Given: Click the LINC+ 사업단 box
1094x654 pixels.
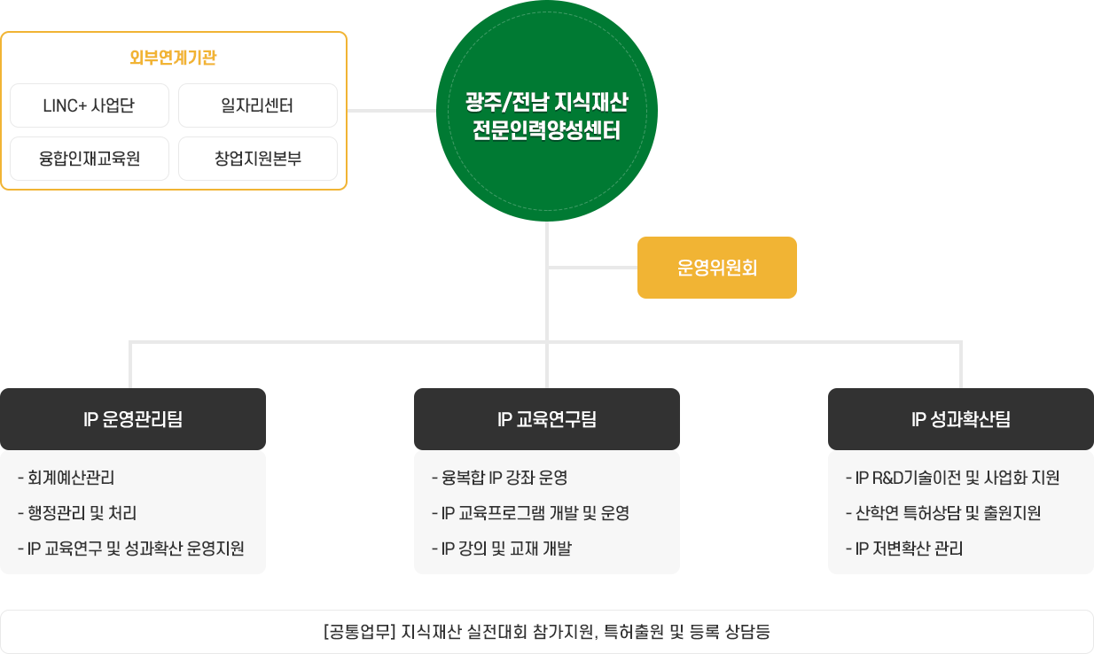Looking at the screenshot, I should click(89, 106).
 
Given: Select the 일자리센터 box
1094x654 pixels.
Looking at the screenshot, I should click(257, 106).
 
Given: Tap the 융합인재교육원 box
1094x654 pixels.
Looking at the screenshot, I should click(89, 160).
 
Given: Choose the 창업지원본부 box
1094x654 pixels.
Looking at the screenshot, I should click(257, 160).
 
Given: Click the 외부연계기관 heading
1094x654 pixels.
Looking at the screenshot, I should click(173, 58).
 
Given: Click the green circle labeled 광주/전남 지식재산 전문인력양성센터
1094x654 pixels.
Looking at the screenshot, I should click(546, 111).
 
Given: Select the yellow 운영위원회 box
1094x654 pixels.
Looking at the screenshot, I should click(716, 268).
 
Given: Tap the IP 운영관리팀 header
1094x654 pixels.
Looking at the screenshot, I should click(133, 419).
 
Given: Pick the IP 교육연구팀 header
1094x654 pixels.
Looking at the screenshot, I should click(546, 419).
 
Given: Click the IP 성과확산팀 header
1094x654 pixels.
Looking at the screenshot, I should click(960, 419).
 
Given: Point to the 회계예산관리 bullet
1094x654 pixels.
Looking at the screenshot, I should click(70, 478).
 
